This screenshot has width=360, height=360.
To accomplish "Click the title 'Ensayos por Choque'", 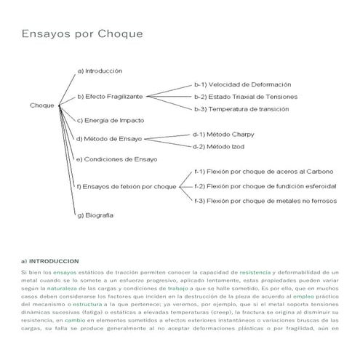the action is tap(82, 34).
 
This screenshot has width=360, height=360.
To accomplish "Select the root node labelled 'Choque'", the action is tap(41, 105).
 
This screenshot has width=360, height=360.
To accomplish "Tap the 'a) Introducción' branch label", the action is tap(100, 71).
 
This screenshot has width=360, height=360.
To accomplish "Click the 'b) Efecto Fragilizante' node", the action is tap(110, 96).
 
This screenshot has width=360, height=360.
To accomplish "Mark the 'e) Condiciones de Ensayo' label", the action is tap(116, 159).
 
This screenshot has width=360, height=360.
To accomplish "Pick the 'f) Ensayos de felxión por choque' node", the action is tap(127, 186).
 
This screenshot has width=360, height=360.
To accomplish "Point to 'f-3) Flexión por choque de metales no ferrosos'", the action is tap(265, 200).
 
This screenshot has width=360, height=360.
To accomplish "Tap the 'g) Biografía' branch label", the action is tap(95, 215).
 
